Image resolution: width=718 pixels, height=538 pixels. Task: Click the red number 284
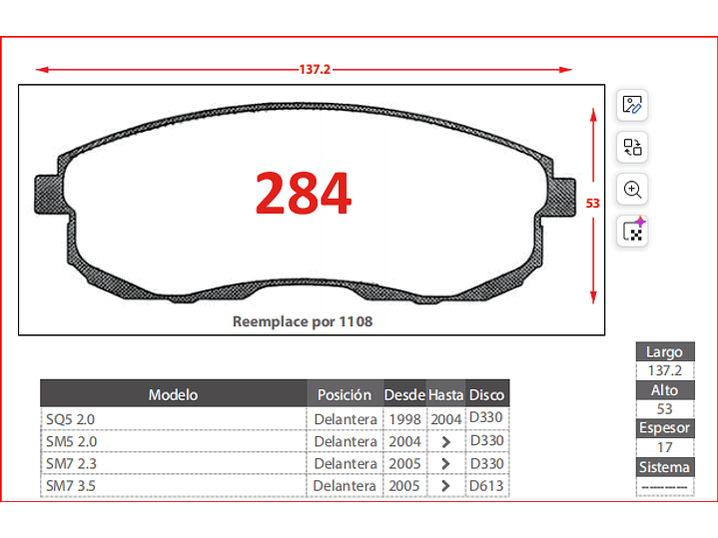click(304, 194)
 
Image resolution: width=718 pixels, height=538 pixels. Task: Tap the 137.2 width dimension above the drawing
click(315, 70)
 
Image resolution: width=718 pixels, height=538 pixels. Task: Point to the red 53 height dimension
click(592, 203)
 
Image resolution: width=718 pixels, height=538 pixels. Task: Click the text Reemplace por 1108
click(303, 322)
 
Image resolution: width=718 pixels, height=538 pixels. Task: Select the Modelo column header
click(173, 394)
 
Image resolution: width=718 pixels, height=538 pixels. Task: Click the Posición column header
click(345, 394)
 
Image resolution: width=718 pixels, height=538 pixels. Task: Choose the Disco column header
click(487, 394)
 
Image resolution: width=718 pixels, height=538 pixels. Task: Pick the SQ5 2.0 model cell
click(70, 419)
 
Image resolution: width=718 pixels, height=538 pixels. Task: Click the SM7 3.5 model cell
click(70, 486)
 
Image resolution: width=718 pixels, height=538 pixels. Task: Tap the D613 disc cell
click(486, 486)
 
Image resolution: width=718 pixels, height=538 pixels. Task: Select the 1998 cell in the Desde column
click(404, 419)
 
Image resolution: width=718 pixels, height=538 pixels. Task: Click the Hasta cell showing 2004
click(446, 419)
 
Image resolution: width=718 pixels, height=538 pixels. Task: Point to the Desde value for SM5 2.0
click(404, 441)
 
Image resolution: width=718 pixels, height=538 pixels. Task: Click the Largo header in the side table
click(664, 351)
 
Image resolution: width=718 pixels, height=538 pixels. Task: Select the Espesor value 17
click(664, 447)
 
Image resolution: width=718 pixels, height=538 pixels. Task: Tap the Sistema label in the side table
click(664, 467)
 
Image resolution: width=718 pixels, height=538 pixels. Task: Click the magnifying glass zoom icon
click(632, 190)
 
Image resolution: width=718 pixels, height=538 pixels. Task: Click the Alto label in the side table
click(664, 390)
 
